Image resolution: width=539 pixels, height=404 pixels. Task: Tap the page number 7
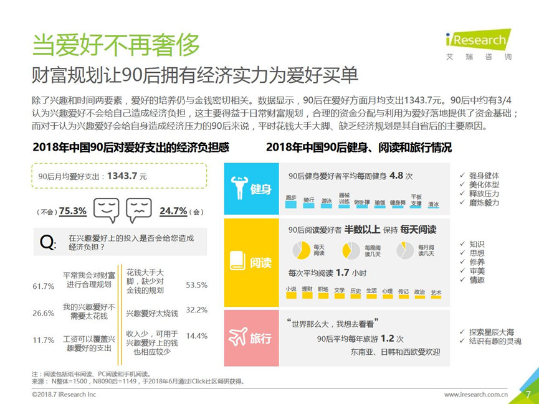527,394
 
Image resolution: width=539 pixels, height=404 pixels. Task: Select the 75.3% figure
72,211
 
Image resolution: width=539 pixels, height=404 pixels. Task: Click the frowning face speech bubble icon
138,210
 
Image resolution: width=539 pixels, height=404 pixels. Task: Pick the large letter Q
47,243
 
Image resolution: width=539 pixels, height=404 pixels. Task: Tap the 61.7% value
43,286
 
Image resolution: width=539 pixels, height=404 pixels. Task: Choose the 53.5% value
196,285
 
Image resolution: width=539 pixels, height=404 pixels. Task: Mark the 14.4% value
196,336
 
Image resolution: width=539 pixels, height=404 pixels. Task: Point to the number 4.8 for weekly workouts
396,176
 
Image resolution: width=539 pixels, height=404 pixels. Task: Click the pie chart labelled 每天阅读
302,250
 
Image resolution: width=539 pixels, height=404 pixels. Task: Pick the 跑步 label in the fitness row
291,199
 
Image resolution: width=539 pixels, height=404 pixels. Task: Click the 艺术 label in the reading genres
436,291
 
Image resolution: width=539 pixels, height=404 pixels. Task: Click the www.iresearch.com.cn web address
476,394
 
